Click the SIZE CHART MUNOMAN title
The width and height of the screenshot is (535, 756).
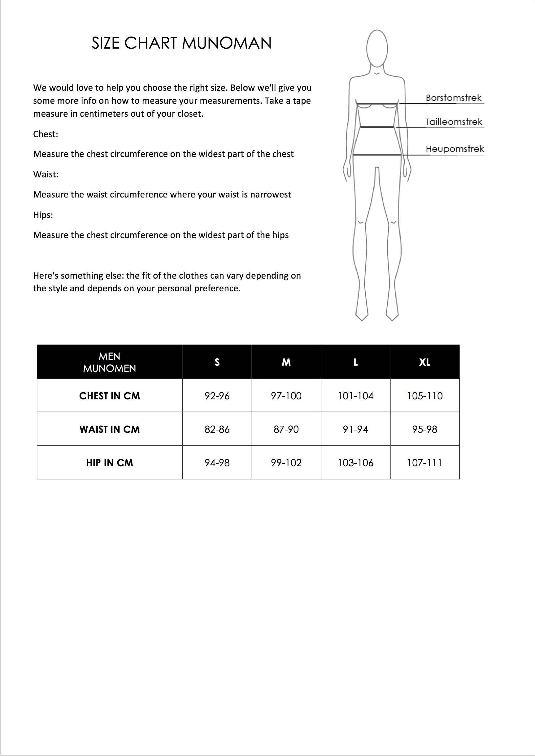pyautogui.click(x=181, y=43)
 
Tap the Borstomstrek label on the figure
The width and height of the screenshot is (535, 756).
pyautogui.click(x=453, y=98)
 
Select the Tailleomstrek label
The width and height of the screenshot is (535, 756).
pyautogui.click(x=454, y=122)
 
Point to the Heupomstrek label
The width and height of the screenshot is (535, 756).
pyautogui.click(x=455, y=149)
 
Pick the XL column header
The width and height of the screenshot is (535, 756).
pyautogui.click(x=425, y=362)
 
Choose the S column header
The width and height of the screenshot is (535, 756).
pyautogui.click(x=217, y=362)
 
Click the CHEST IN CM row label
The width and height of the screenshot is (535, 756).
pyautogui.click(x=110, y=396)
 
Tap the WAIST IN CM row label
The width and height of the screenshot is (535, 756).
pyautogui.click(x=110, y=429)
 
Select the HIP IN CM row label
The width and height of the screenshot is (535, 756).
pyautogui.click(x=110, y=463)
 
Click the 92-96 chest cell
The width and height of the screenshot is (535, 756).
pyautogui.click(x=217, y=396)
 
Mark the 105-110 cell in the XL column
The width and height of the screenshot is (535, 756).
pyautogui.click(x=425, y=396)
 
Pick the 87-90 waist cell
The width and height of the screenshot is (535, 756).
pyautogui.click(x=286, y=429)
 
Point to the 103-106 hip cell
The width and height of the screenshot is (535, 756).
pyautogui.click(x=355, y=463)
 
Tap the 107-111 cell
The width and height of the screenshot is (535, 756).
pyautogui.click(x=425, y=463)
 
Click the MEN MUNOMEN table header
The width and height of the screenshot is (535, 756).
pyautogui.click(x=110, y=362)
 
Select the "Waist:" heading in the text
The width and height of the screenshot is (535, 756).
pyautogui.click(x=46, y=174)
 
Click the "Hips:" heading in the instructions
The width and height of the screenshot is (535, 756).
pyautogui.click(x=43, y=215)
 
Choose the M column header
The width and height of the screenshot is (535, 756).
pyautogui.click(x=286, y=362)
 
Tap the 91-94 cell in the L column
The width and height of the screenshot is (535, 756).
pyautogui.click(x=355, y=429)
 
